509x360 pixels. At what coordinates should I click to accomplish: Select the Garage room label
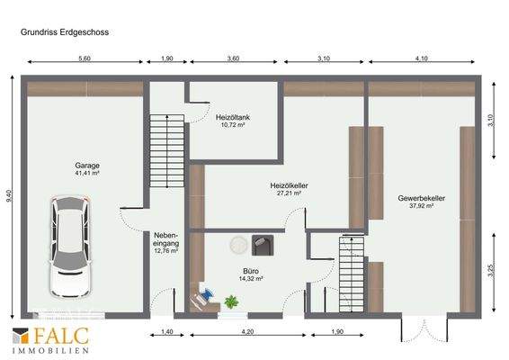tap(87, 166)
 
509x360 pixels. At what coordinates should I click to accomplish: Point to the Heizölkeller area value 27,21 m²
tap(289, 193)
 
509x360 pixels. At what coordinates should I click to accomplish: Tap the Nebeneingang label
tap(165, 239)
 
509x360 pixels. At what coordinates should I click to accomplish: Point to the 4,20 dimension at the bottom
tap(247, 333)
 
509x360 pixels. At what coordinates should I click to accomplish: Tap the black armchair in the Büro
tap(263, 243)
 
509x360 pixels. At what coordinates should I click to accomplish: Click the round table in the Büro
tap(239, 244)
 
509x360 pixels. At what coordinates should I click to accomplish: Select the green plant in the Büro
tap(232, 303)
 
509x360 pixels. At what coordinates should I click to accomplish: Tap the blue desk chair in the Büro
tap(205, 294)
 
